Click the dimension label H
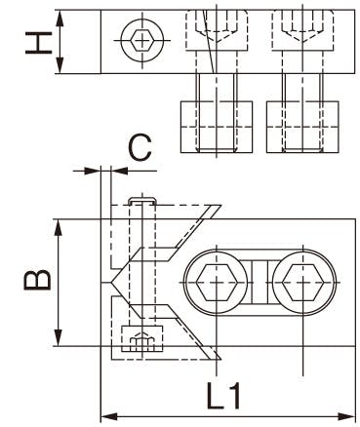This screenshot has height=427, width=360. [x=39, y=42]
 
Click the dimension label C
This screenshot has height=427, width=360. [x=140, y=148]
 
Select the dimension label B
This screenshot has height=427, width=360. [x=37, y=280]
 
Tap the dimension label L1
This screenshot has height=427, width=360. [x=224, y=396]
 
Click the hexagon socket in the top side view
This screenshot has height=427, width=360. [x=142, y=40]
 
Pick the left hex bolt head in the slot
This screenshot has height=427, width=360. [x=216, y=282]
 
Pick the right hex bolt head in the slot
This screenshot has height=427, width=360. [x=302, y=282]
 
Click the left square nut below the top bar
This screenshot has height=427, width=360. [x=217, y=127]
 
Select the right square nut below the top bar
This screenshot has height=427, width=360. [x=302, y=127]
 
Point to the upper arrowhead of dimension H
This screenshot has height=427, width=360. [x=60, y=18]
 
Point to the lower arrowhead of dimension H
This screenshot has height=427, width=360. [x=60, y=65]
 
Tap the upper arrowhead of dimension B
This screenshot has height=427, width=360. [x=59, y=227]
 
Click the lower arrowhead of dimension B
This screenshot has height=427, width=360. [x=59, y=338]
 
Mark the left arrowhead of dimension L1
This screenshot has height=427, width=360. [x=109, y=416]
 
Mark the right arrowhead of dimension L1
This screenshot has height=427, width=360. [x=346, y=416]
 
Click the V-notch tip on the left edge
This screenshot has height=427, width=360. [x=111, y=282]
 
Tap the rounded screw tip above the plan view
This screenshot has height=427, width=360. [x=142, y=201]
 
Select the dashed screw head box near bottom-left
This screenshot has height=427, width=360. [x=141, y=339]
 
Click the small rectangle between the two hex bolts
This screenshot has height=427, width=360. [x=260, y=282]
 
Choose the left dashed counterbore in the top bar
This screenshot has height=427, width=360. [x=217, y=30]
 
